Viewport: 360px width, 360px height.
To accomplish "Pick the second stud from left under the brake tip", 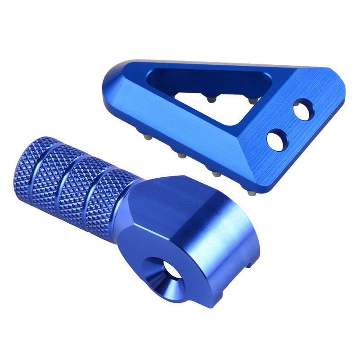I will click(x=181, y=156).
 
